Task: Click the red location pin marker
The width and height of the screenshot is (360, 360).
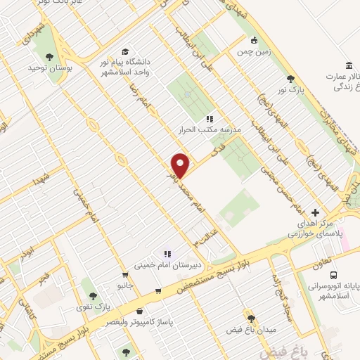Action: tap(181, 165)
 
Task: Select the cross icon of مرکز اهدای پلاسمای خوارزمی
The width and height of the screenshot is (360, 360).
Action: tap(315, 212)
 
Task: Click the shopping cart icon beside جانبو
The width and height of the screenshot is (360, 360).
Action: tap(125, 275)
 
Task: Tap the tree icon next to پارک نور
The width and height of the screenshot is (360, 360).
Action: tap(291, 79)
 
